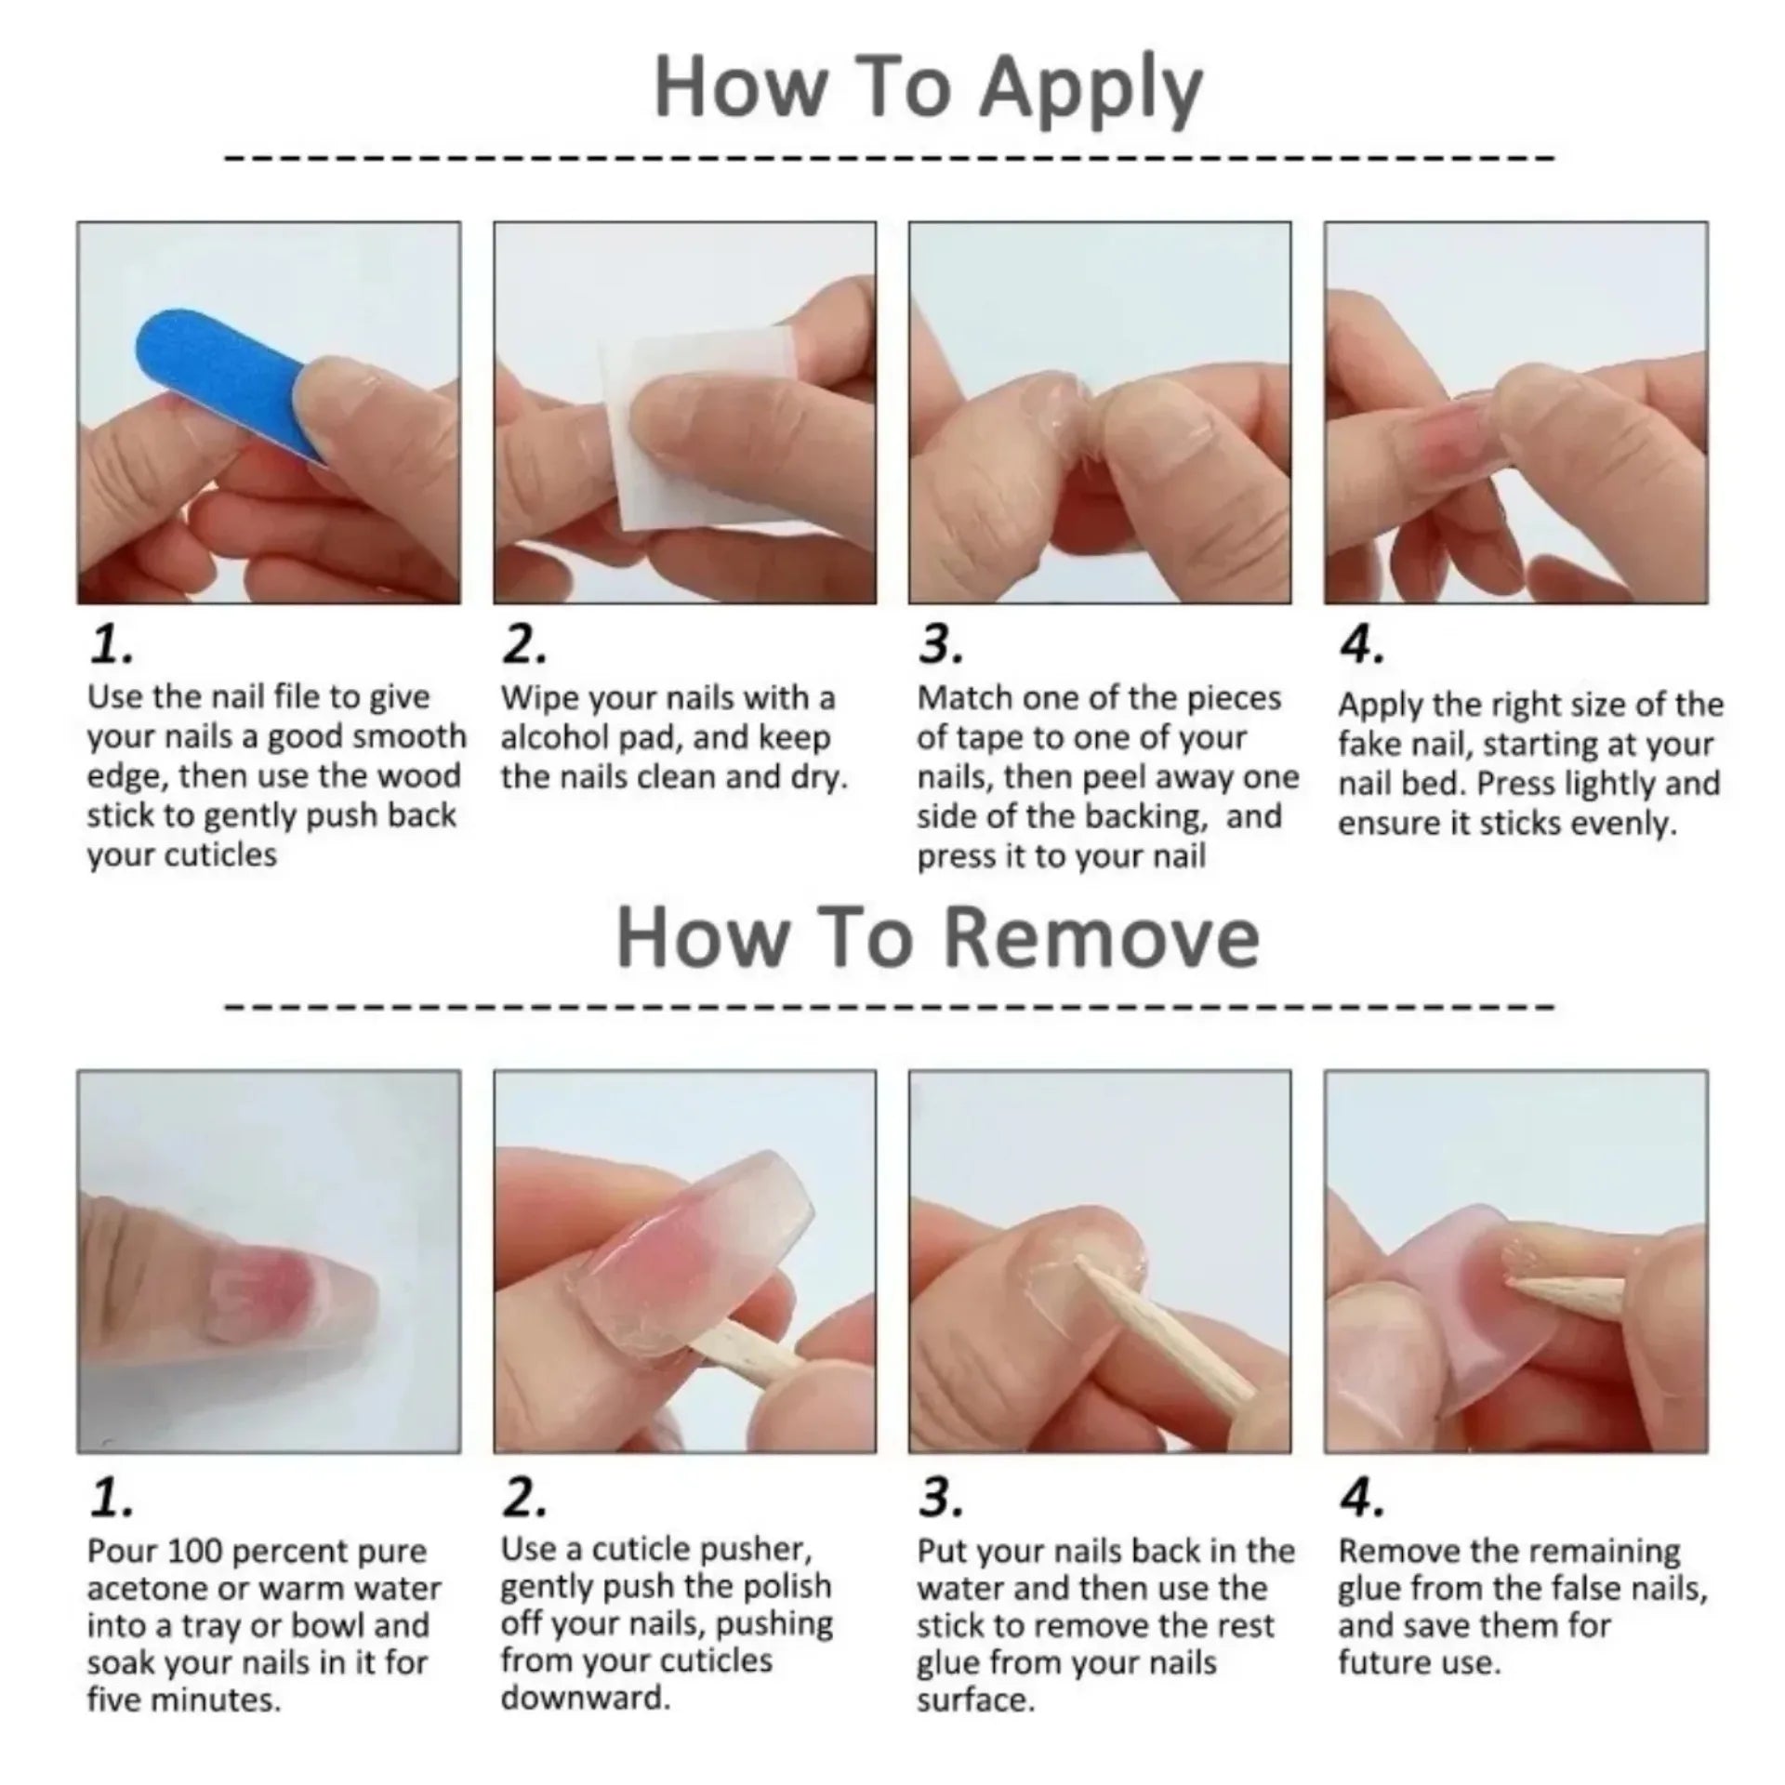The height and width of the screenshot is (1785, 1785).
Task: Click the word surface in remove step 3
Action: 974,1700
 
